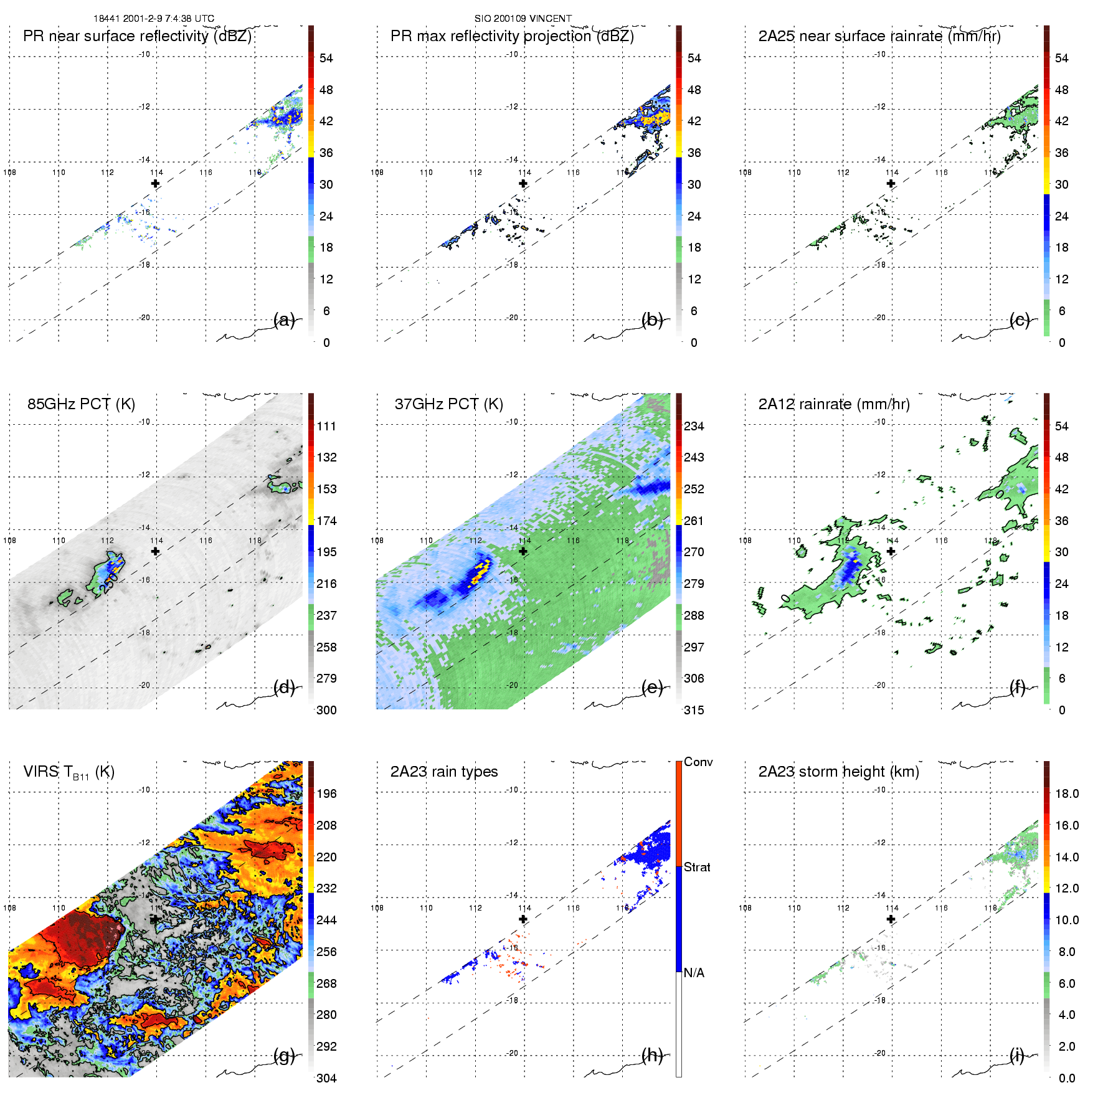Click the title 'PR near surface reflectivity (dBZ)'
click(137, 36)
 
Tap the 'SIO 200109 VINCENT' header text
click(523, 19)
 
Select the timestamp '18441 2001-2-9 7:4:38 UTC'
click(153, 19)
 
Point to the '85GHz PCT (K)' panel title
click(81, 404)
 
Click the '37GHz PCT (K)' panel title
click(448, 404)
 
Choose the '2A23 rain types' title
click(443, 772)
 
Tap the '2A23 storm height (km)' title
click(838, 772)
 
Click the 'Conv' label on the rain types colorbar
click(698, 762)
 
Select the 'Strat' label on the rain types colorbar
click(697, 867)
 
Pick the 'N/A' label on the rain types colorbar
click(694, 973)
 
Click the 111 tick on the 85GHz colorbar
click(326, 426)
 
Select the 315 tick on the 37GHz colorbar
click(694, 710)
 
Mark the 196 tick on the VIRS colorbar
click(326, 793)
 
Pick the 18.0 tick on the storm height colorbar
click(1066, 793)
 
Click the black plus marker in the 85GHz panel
click(155, 551)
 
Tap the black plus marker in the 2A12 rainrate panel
click(891, 551)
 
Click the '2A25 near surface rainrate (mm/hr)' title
click(879, 36)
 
